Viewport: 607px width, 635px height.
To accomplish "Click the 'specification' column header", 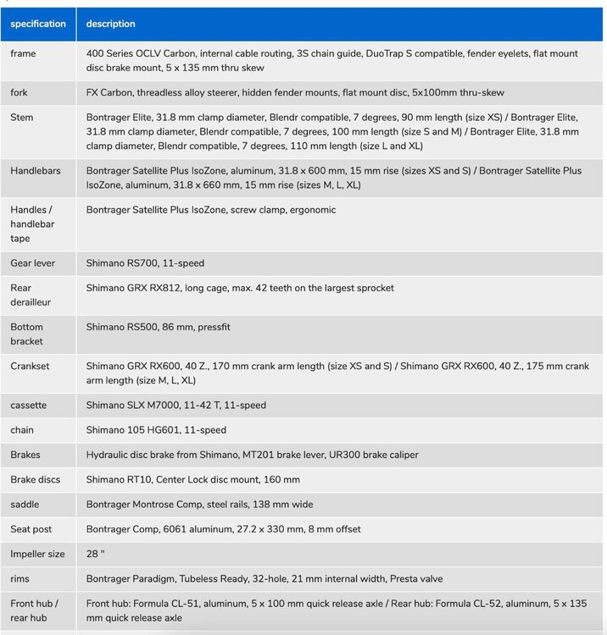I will tap(38, 25).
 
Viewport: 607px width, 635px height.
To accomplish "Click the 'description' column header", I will tap(110, 25).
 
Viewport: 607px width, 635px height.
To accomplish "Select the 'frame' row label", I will tap(23, 53).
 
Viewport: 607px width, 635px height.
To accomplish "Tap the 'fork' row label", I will tap(19, 92).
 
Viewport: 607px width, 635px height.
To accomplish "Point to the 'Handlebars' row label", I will tap(36, 171).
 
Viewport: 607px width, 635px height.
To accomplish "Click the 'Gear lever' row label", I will tap(33, 263).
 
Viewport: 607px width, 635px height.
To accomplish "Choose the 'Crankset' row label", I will tap(32, 367).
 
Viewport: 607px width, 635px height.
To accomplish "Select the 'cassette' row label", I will tap(29, 406).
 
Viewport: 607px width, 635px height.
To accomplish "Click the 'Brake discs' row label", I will tap(36, 480).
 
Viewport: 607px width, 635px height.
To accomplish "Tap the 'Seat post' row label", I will tap(31, 529).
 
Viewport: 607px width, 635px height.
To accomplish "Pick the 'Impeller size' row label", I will tap(37, 555).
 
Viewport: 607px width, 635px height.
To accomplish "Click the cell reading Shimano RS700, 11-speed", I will tap(145, 263).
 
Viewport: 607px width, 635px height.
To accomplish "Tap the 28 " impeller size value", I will tap(94, 555).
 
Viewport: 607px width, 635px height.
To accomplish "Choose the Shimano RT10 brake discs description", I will tap(192, 480).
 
